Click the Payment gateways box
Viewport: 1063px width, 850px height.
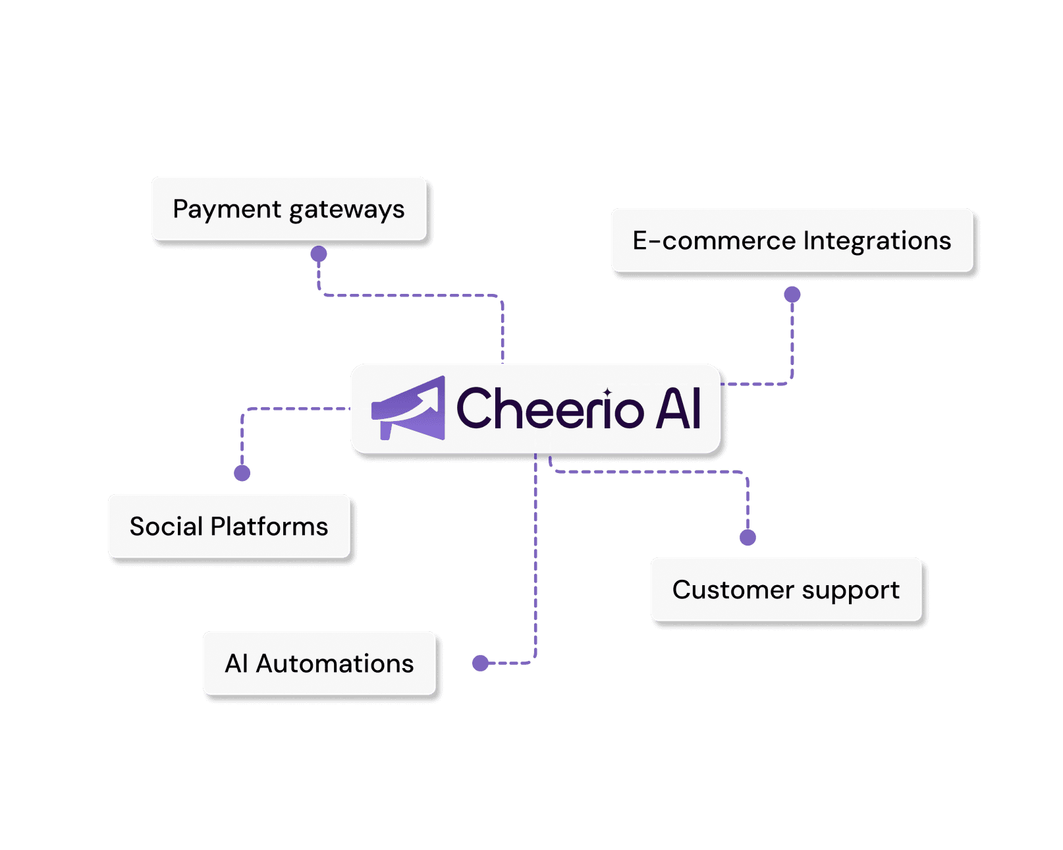288,208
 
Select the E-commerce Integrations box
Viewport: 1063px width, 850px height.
792,240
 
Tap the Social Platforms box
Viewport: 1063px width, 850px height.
229,526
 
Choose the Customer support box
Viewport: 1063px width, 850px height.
786,589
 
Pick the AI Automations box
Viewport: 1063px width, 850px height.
319,663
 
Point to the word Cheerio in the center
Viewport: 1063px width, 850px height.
549,409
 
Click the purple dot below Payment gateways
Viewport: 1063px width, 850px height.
319,254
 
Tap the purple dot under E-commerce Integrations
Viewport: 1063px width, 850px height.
792,295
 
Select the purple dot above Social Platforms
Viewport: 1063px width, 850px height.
242,472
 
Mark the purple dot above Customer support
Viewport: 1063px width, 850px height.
748,537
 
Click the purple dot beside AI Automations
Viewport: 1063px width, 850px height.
481,663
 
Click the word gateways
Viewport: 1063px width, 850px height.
346,210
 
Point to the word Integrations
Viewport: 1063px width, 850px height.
877,241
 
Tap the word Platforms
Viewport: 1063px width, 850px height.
269,526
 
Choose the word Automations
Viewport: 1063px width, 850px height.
335,664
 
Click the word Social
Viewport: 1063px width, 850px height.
166,526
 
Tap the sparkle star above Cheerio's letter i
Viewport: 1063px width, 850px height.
607,393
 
